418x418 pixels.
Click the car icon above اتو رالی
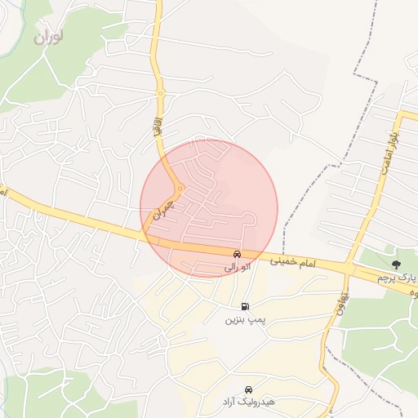(x=237, y=254)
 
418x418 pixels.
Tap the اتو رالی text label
(x=237, y=267)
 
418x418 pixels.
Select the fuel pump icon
(x=246, y=307)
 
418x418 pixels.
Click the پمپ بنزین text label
(x=246, y=320)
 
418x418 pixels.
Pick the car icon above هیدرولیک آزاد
(x=248, y=389)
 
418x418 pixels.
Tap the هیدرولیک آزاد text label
(x=248, y=402)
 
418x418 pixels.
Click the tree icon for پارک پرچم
(x=397, y=265)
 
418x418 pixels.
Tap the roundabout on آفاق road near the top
(x=161, y=94)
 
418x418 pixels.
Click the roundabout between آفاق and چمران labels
(x=180, y=187)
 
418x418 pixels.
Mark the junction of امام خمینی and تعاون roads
(x=349, y=269)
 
